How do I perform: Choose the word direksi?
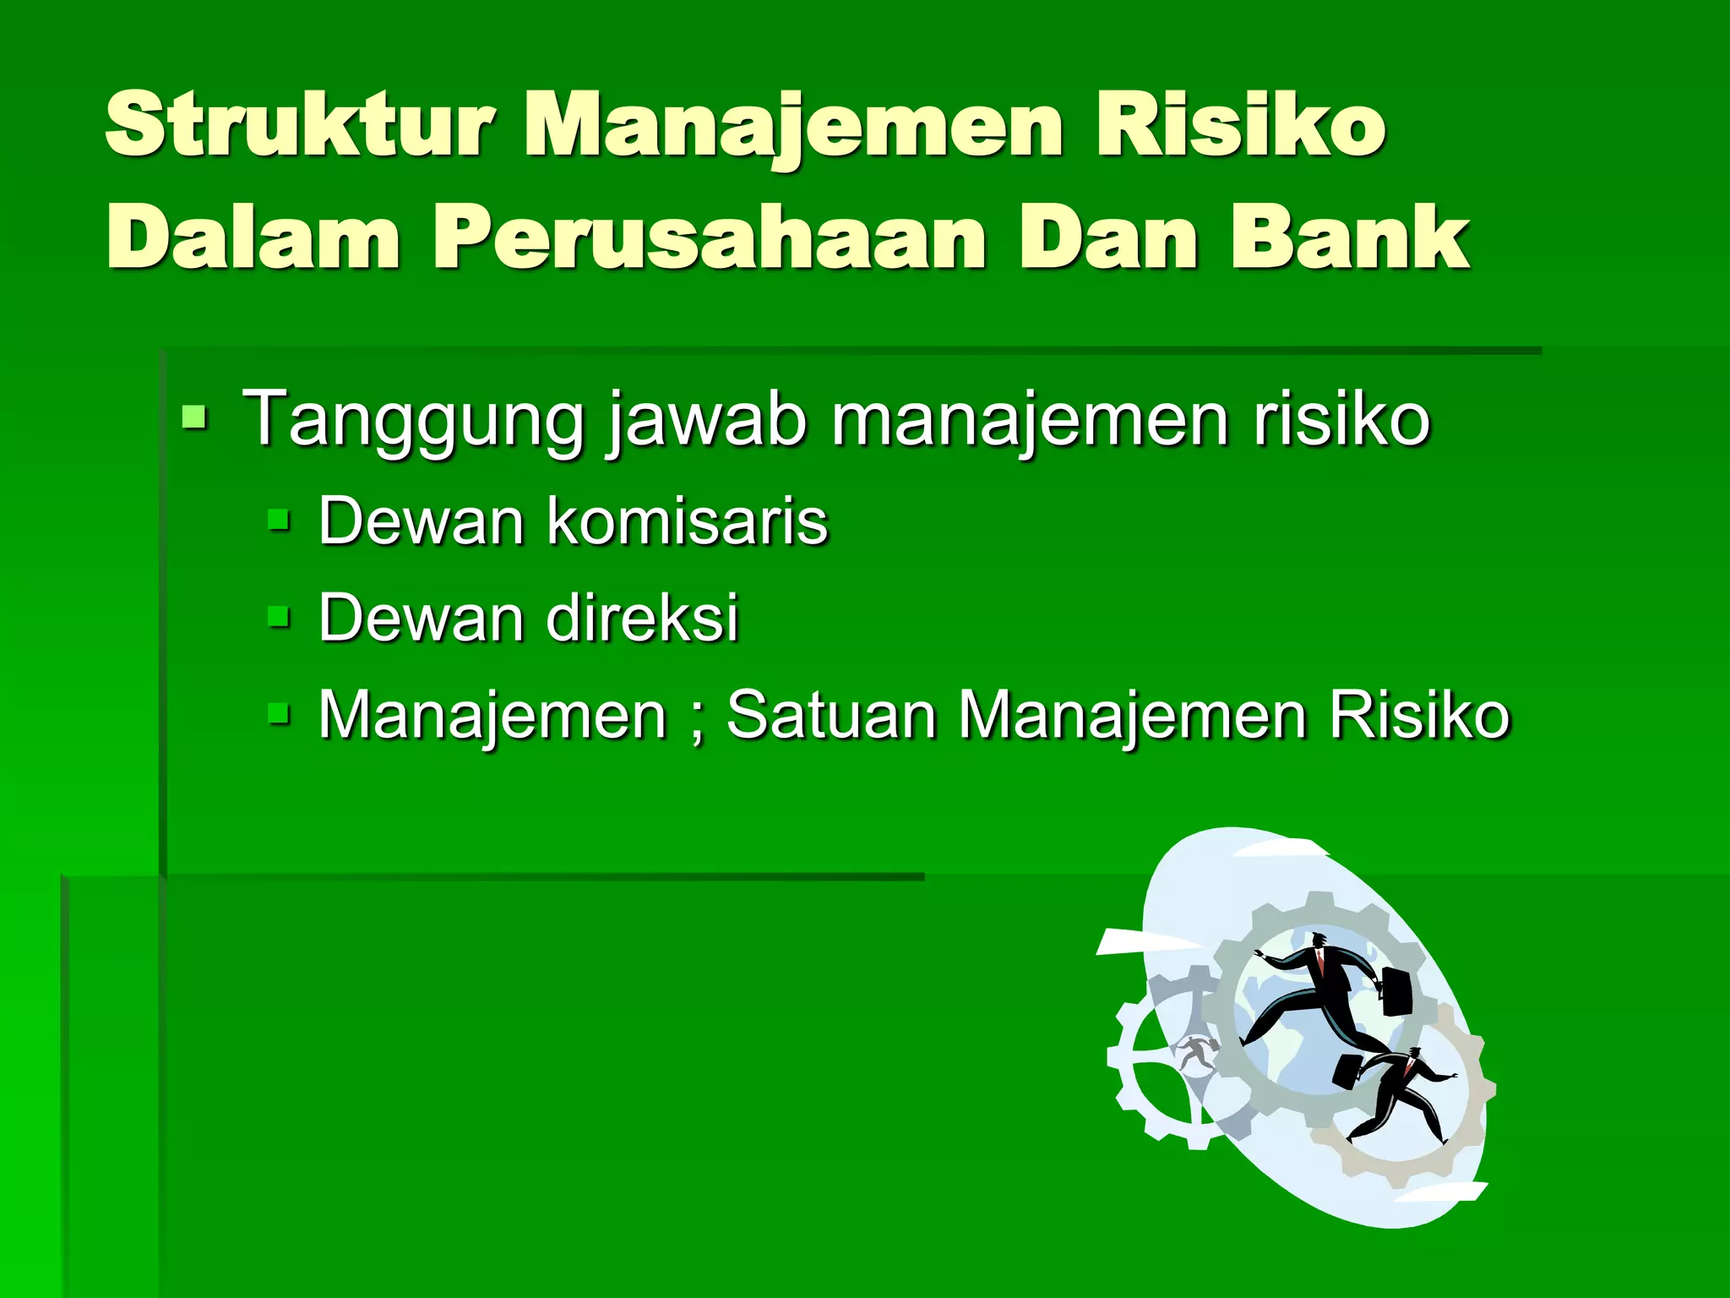(642, 617)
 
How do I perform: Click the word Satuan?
(831, 715)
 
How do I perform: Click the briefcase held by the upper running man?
(1396, 990)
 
